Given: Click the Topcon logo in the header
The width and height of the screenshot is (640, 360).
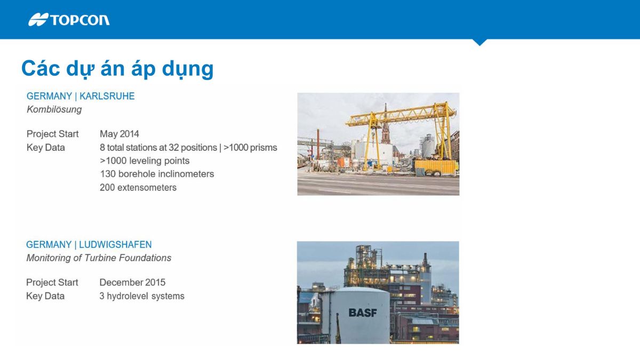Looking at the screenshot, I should [x=69, y=20].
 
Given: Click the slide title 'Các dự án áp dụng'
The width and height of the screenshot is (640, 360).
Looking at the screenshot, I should [x=117, y=69].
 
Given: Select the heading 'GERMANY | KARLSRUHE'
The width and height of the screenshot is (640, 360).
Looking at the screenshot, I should [x=81, y=97].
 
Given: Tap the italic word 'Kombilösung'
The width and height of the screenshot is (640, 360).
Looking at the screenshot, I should [x=54, y=109].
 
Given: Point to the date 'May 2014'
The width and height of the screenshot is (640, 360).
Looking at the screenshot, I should [x=119, y=134].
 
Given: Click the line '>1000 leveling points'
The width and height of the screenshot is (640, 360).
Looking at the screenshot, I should [x=145, y=161].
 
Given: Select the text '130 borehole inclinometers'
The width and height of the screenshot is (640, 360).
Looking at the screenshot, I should [x=157, y=174].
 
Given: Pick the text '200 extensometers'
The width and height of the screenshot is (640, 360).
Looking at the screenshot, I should [x=138, y=187].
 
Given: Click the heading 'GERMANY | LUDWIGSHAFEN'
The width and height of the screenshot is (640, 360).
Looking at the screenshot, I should [x=89, y=245].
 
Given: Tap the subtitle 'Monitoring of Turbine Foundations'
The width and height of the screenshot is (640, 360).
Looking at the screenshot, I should [x=99, y=258].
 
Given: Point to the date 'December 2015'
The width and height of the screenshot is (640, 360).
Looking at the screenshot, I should [x=132, y=282].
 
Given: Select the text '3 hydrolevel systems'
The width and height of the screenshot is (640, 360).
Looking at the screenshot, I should [x=142, y=296].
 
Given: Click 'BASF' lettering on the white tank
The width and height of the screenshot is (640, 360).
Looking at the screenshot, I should [x=362, y=313].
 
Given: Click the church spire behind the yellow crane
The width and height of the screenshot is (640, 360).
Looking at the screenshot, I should [x=385, y=124].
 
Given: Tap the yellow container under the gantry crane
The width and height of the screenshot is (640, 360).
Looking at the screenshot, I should [x=436, y=167].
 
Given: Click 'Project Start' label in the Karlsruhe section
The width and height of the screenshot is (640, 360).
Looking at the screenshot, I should [x=52, y=134].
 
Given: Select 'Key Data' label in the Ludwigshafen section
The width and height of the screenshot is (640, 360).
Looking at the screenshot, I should [x=45, y=296].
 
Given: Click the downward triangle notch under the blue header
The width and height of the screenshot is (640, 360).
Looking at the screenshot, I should [x=479, y=42].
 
